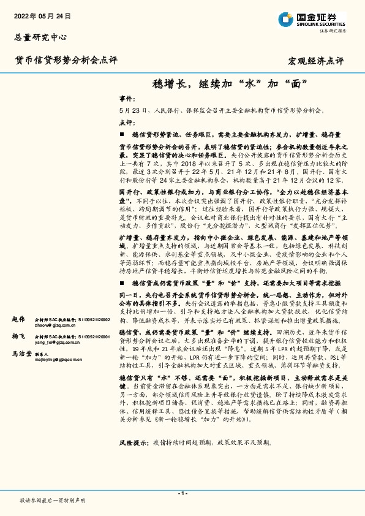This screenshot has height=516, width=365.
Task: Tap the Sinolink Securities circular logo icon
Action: click(285, 18)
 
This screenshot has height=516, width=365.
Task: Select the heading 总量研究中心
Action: click(40, 37)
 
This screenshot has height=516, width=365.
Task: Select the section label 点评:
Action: click(127, 123)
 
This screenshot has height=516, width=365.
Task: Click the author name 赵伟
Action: click(18, 320)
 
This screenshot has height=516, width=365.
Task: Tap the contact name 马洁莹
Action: click(22, 354)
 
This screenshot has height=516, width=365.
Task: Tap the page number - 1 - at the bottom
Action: click(182, 493)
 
